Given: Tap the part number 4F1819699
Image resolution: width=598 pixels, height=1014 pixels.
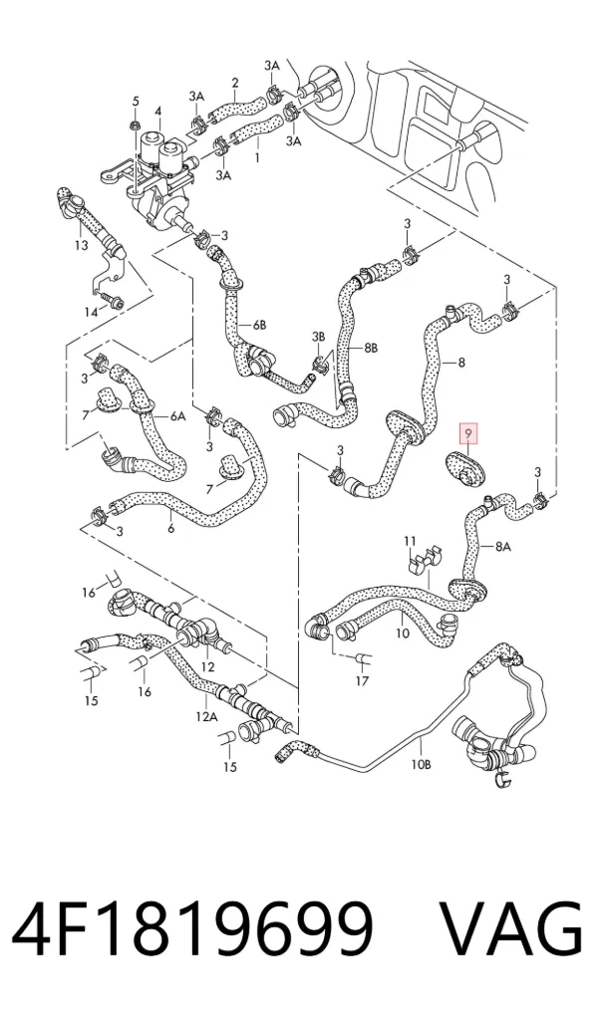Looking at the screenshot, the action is (x=193, y=927).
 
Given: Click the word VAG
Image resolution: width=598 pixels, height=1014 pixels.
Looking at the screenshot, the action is (x=510, y=927).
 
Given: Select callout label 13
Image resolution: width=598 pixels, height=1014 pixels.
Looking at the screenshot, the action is (x=81, y=245).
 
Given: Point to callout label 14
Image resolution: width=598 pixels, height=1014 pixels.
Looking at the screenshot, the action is (x=92, y=313).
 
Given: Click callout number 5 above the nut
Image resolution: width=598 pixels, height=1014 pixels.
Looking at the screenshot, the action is (x=136, y=101).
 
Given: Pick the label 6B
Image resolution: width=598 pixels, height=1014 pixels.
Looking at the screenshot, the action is (x=259, y=326).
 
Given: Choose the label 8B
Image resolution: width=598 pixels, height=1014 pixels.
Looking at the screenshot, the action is (x=370, y=348).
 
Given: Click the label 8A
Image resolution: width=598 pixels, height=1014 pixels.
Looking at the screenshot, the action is (x=503, y=547).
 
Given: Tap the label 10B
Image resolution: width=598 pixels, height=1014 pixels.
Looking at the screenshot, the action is (x=421, y=764).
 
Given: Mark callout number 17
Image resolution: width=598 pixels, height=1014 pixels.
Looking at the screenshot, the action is (x=362, y=680).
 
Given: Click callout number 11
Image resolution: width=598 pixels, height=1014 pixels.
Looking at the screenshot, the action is (x=410, y=540).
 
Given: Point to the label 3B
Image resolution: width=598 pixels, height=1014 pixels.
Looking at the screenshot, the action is (x=318, y=337).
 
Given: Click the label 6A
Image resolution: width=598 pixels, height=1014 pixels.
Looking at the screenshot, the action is (x=177, y=417).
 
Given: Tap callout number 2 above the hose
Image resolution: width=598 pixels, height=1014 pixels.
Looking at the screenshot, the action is (x=235, y=83).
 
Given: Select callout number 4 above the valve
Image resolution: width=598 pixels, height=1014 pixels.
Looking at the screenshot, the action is (x=157, y=112).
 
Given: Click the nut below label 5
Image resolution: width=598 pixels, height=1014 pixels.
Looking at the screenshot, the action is (x=135, y=124).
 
